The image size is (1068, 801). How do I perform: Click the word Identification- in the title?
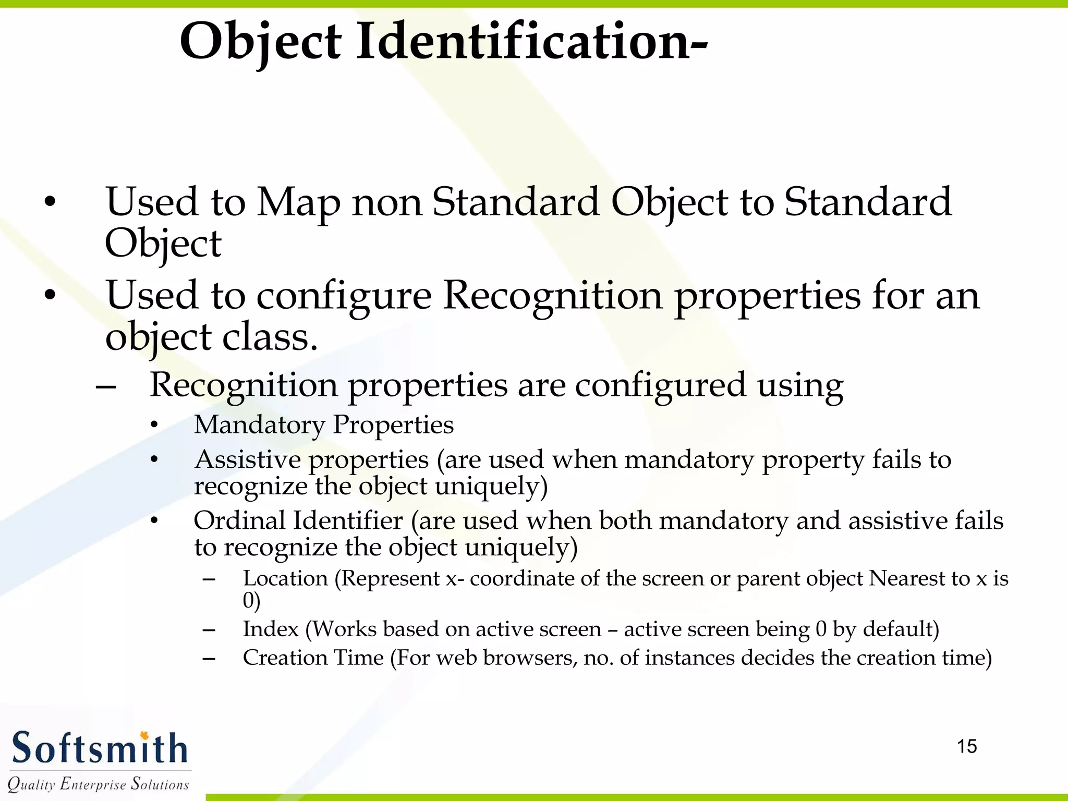point(532,42)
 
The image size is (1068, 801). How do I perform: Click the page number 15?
point(967,746)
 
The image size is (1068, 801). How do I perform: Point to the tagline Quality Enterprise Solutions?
point(98,784)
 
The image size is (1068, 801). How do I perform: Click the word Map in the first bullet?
point(298,203)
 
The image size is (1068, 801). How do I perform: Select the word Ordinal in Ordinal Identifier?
point(239,520)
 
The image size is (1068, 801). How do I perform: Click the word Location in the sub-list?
point(285,578)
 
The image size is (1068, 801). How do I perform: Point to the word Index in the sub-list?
point(271,629)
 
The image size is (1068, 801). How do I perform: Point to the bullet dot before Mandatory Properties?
point(154,426)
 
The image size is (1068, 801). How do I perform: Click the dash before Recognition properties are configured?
point(106,387)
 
